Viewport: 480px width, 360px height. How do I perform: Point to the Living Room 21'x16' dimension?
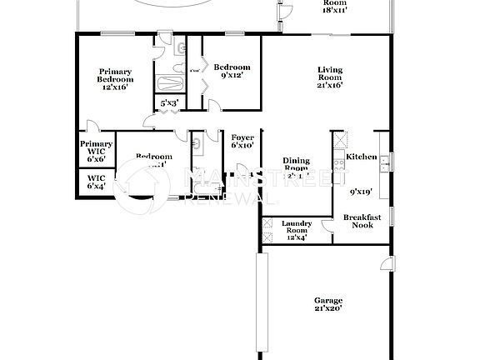[330, 84]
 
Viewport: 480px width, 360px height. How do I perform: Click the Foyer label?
[242, 137]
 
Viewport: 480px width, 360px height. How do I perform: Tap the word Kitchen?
[362, 157]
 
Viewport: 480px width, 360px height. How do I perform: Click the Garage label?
[327, 300]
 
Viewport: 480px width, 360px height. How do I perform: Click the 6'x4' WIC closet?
[96, 182]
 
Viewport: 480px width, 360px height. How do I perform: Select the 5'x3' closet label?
[169, 103]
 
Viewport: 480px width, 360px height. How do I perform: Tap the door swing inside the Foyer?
[242, 171]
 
